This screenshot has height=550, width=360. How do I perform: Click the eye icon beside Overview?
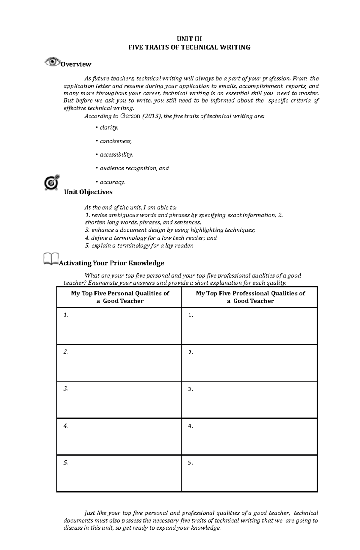click(52, 62)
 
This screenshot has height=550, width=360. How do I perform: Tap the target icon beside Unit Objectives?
click(52, 182)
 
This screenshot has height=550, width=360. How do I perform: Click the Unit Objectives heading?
click(88, 192)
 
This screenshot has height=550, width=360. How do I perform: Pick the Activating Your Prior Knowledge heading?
click(112, 263)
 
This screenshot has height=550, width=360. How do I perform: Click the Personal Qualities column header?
click(120, 297)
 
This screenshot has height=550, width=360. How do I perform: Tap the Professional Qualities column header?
click(250, 297)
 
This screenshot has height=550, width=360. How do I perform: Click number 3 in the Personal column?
click(66, 389)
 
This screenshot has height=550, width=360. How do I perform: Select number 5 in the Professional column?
click(190, 463)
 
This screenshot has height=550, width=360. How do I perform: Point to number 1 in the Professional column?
click(190, 316)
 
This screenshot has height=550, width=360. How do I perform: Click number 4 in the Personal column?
click(66, 426)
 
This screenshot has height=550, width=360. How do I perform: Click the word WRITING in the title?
click(236, 47)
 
